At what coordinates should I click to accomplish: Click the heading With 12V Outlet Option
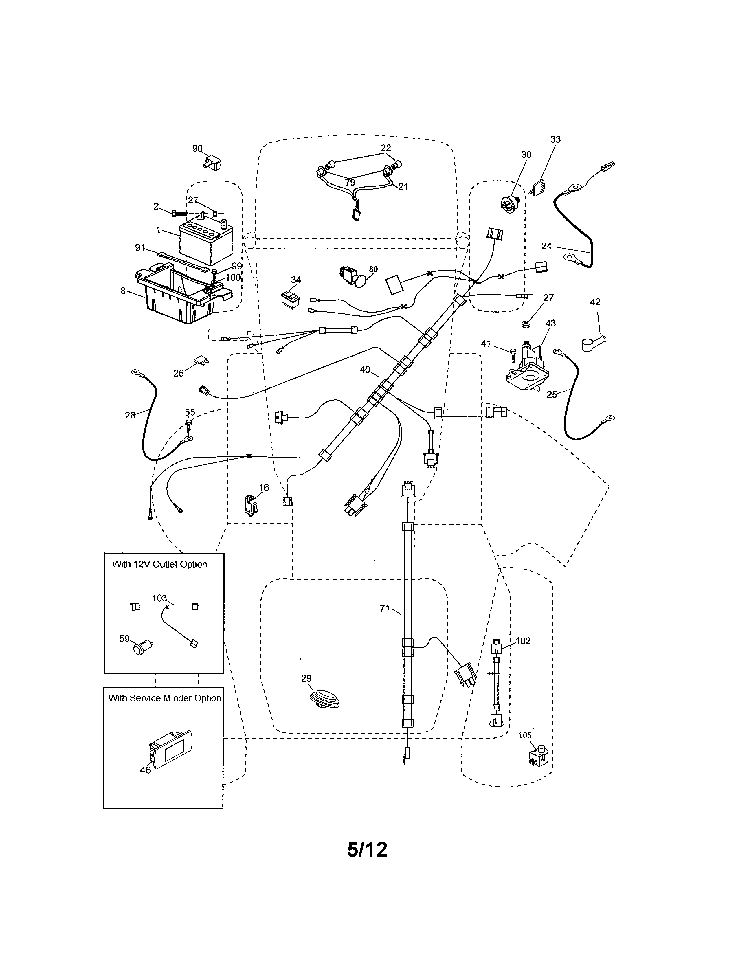(159, 564)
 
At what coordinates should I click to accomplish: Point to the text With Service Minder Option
(164, 698)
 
